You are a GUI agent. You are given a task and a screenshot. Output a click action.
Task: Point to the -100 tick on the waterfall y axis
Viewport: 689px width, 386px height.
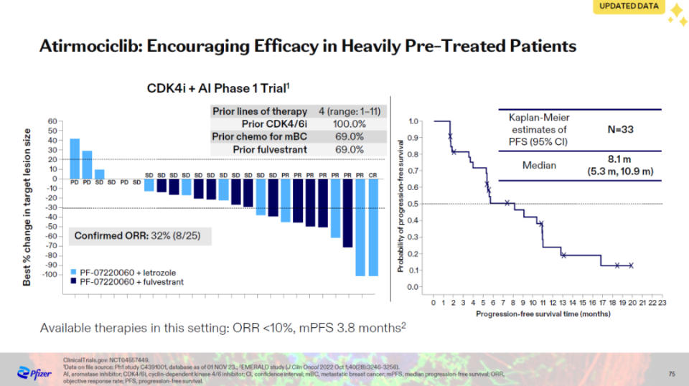tap(50, 275)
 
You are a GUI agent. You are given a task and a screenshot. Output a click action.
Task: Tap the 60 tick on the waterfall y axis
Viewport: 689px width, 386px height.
tap(52, 121)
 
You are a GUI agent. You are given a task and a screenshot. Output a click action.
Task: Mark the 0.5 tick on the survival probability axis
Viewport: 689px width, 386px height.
tap(416, 204)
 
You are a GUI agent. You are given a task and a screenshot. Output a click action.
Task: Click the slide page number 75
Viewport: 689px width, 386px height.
tap(672, 373)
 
